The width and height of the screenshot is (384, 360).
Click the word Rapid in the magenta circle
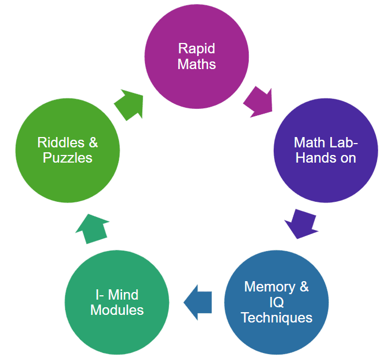[x=196, y=48]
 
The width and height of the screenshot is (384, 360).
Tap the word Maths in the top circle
[x=196, y=64]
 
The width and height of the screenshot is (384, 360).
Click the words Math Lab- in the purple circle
[x=326, y=142]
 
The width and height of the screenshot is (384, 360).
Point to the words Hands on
[x=326, y=158]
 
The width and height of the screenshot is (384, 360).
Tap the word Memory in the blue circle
[x=269, y=287]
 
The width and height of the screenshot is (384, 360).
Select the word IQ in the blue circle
[x=276, y=302]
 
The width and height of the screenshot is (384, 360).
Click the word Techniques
[x=276, y=318]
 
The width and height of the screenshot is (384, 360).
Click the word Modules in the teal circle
[x=117, y=310]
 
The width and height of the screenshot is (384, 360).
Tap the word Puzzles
[x=67, y=158]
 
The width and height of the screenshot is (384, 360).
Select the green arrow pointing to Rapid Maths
[x=130, y=105]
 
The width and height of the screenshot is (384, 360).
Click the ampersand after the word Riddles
[x=93, y=142]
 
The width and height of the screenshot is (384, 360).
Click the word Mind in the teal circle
[x=124, y=295]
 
